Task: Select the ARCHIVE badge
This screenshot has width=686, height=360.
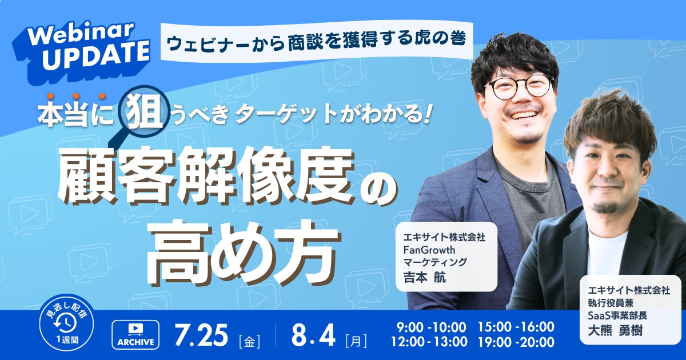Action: [x=135, y=335]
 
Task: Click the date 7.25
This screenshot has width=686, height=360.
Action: [x=201, y=335]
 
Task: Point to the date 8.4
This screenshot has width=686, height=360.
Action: [x=313, y=335]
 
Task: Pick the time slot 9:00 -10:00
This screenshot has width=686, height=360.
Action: [x=431, y=327]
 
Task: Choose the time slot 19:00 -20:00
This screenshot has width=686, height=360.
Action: [x=516, y=342]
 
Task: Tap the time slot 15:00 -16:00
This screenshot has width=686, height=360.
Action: [x=516, y=327]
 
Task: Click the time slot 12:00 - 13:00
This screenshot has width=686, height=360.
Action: [x=429, y=342]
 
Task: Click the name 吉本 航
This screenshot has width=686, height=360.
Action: [x=425, y=278]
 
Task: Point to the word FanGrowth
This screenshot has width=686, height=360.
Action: [x=429, y=250]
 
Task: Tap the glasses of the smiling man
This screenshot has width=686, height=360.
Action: [x=519, y=86]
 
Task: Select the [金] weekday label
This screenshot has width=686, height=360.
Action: [x=249, y=341]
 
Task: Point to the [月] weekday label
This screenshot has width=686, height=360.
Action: [x=356, y=341]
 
